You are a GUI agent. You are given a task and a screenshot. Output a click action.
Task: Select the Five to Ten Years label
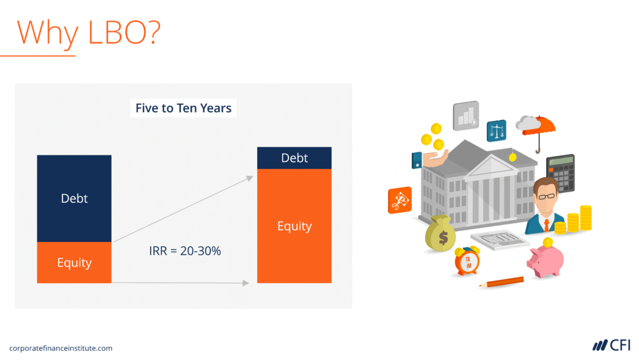click(183, 108)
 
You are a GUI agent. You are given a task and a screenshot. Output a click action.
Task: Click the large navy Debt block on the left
click(74, 198)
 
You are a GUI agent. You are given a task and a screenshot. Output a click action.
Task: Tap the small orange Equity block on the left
click(74, 263)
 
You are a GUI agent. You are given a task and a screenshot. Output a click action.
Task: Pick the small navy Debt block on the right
click(295, 158)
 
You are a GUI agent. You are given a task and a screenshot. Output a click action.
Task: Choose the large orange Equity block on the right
click(295, 226)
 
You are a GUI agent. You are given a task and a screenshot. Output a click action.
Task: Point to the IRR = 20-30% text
click(185, 251)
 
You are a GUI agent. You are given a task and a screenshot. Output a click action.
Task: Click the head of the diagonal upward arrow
click(250, 178)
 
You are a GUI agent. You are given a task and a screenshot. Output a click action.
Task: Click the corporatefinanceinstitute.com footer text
click(61, 348)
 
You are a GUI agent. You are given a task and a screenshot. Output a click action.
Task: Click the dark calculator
click(560, 173)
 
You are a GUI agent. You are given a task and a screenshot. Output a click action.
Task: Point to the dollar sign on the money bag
click(443, 238)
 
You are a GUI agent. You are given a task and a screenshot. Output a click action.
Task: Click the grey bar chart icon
click(466, 115)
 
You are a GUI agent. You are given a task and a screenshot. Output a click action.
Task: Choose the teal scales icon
click(496, 131)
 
